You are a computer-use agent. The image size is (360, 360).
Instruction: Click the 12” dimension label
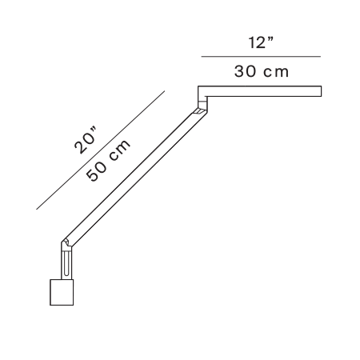click(261, 42)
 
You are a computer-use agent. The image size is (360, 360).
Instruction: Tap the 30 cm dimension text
click(262, 71)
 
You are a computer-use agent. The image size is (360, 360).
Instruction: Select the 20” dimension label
click(86, 141)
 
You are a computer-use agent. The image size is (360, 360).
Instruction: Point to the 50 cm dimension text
click(109, 160)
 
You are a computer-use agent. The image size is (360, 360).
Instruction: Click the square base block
click(62, 292)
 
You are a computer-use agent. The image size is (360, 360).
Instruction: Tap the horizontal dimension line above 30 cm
click(261, 57)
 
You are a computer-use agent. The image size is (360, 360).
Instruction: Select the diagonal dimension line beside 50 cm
click(101, 150)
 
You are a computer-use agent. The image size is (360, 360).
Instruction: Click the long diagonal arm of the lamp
click(134, 178)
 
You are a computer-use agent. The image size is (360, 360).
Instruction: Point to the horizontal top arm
click(259, 91)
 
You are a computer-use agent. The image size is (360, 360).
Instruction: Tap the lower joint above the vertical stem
click(66, 244)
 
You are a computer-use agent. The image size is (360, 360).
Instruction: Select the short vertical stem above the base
click(66, 263)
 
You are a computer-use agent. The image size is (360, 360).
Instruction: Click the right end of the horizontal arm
click(321, 91)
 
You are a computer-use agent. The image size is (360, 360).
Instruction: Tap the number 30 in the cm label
click(245, 71)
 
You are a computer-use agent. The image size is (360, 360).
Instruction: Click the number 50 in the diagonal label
click(97, 171)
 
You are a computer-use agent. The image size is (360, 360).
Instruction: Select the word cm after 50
click(120, 149)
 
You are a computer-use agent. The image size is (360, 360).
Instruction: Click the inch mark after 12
click(270, 39)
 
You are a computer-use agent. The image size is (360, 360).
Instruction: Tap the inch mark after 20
click(94, 131)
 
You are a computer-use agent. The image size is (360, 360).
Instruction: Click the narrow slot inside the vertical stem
click(66, 264)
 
